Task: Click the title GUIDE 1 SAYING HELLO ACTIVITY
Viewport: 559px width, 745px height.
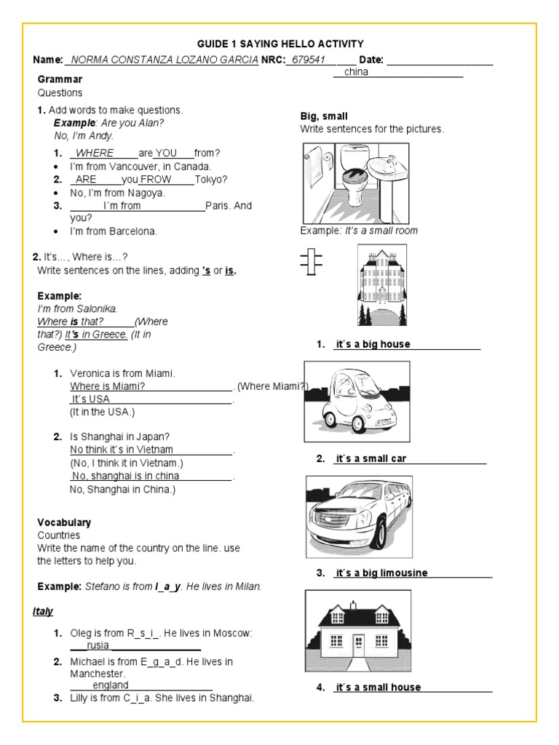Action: tap(280, 44)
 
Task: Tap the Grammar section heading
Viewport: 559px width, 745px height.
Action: tap(60, 79)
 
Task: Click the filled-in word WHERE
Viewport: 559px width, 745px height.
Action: tap(95, 153)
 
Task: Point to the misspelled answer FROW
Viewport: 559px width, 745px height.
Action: tap(156, 179)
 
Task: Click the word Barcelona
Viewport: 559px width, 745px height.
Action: tap(132, 231)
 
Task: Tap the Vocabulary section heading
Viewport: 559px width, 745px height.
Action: tap(64, 522)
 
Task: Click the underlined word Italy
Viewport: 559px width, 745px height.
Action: tap(43, 611)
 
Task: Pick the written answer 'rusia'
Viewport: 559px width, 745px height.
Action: tap(98, 645)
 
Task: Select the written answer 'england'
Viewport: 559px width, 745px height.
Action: tap(110, 685)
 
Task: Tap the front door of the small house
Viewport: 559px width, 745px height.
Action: tap(359, 643)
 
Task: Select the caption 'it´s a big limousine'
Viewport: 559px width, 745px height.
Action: tap(381, 573)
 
